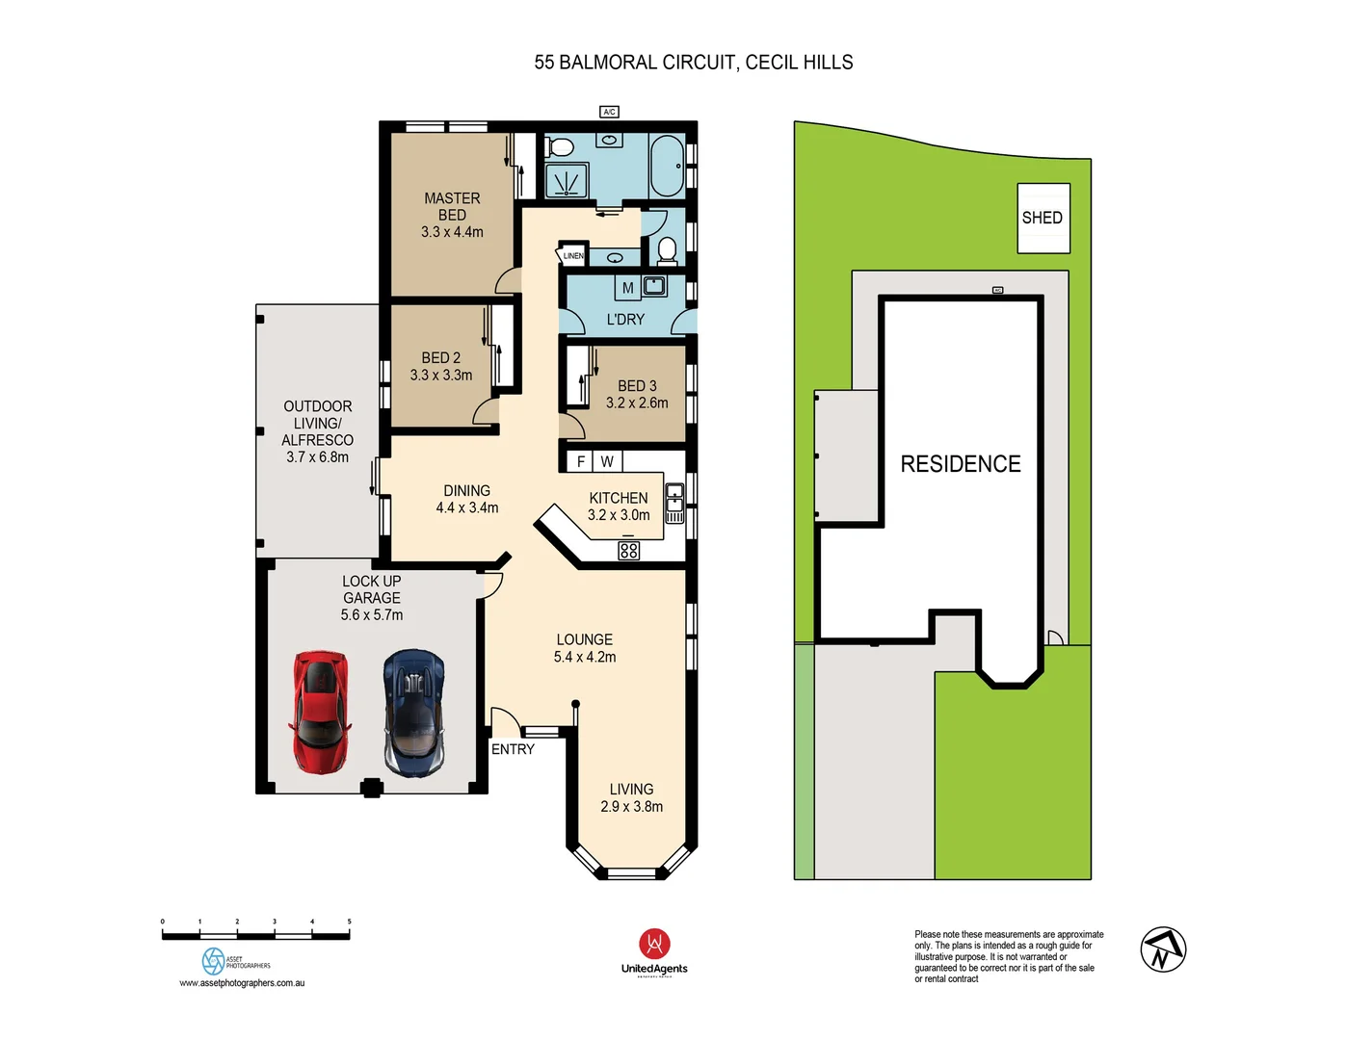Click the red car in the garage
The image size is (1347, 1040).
[x=319, y=712]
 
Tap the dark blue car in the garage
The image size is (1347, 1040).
[x=413, y=713]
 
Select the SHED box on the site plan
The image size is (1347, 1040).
[x=1043, y=219]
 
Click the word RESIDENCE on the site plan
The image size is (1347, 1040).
[x=960, y=464]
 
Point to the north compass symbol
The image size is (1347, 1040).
[x=1163, y=949]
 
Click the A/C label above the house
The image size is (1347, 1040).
[x=609, y=112]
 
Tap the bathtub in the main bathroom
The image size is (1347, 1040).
[x=667, y=166]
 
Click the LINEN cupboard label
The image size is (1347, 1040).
[x=573, y=256]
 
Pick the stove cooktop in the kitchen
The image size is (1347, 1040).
[x=629, y=551]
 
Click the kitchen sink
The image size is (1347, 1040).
[x=674, y=497]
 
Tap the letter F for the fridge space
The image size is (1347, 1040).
[x=581, y=462]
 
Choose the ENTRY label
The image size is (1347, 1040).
[x=513, y=749]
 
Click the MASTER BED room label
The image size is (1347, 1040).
[x=452, y=207]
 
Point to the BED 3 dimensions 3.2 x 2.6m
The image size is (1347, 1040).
[x=637, y=403]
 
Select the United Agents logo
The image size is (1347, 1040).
[x=654, y=952]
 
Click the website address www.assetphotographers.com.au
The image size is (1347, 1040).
[x=242, y=983]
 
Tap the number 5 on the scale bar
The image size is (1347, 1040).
[x=349, y=922]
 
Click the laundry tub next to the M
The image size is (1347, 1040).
[x=654, y=285]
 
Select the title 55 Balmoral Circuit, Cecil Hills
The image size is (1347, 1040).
[x=693, y=63]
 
